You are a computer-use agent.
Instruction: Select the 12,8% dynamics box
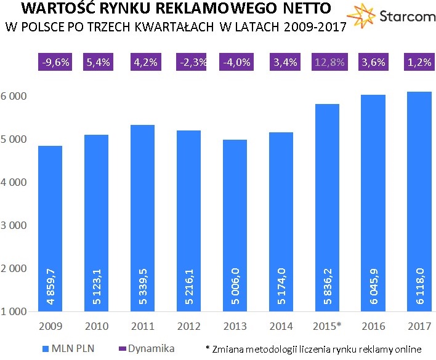[327, 63]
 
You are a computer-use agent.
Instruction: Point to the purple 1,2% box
[419, 63]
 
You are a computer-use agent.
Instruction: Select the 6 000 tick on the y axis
[15, 97]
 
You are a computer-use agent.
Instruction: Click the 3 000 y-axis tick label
[15, 225]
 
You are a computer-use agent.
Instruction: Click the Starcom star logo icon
[361, 17]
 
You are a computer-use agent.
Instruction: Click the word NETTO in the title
[300, 9]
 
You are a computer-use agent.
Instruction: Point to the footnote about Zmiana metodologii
[317, 349]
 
